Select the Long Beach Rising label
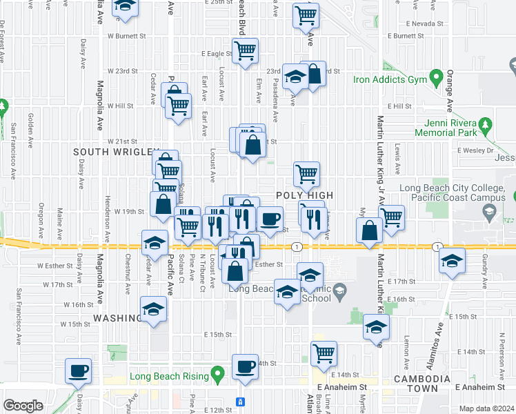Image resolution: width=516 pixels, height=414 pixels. pos(169,378)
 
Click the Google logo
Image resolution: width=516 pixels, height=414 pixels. pos(23,406)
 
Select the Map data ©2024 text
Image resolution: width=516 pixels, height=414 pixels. pos(487,408)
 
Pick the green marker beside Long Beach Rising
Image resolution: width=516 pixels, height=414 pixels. pos(219,376)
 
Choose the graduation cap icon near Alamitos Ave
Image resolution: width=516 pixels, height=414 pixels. pos(453,259)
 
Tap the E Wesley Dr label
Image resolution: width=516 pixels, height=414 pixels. pos(473,150)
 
